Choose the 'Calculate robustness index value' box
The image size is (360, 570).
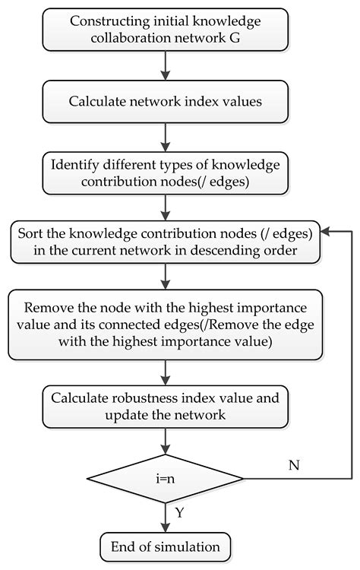(164, 406)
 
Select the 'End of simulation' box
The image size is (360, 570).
(164, 546)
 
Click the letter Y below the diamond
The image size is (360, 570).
(180, 512)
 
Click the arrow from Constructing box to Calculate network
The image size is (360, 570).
(164, 66)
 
